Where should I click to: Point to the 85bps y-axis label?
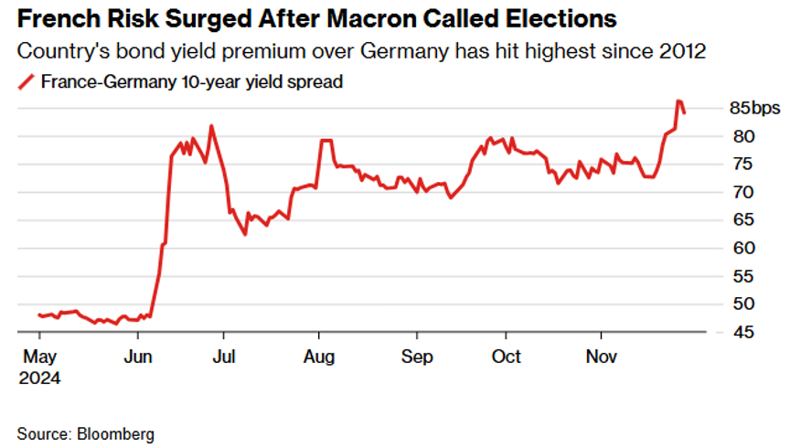755,109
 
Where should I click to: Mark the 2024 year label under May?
40,375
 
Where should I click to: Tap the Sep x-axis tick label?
417,356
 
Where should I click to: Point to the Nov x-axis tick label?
601,356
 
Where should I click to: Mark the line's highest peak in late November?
678,101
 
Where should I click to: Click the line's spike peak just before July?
211,126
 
